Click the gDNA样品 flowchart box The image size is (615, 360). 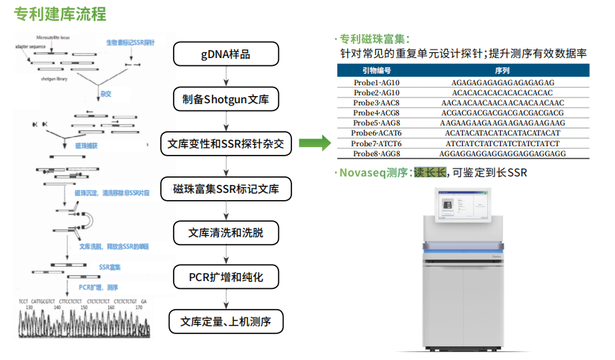(226, 55)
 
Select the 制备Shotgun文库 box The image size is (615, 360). (226, 99)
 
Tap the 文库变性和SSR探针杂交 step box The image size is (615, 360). (226, 144)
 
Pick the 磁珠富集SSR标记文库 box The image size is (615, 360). (226, 189)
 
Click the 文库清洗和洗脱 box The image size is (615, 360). (226, 232)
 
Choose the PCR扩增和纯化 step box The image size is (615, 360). (226, 276)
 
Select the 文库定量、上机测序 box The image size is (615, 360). (226, 321)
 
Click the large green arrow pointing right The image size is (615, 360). (313, 144)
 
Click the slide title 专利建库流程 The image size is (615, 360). (60, 14)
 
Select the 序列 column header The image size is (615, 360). (502, 71)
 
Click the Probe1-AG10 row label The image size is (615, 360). (377, 83)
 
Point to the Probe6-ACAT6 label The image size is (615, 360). (377, 133)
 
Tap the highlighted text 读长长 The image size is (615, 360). (430, 172)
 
